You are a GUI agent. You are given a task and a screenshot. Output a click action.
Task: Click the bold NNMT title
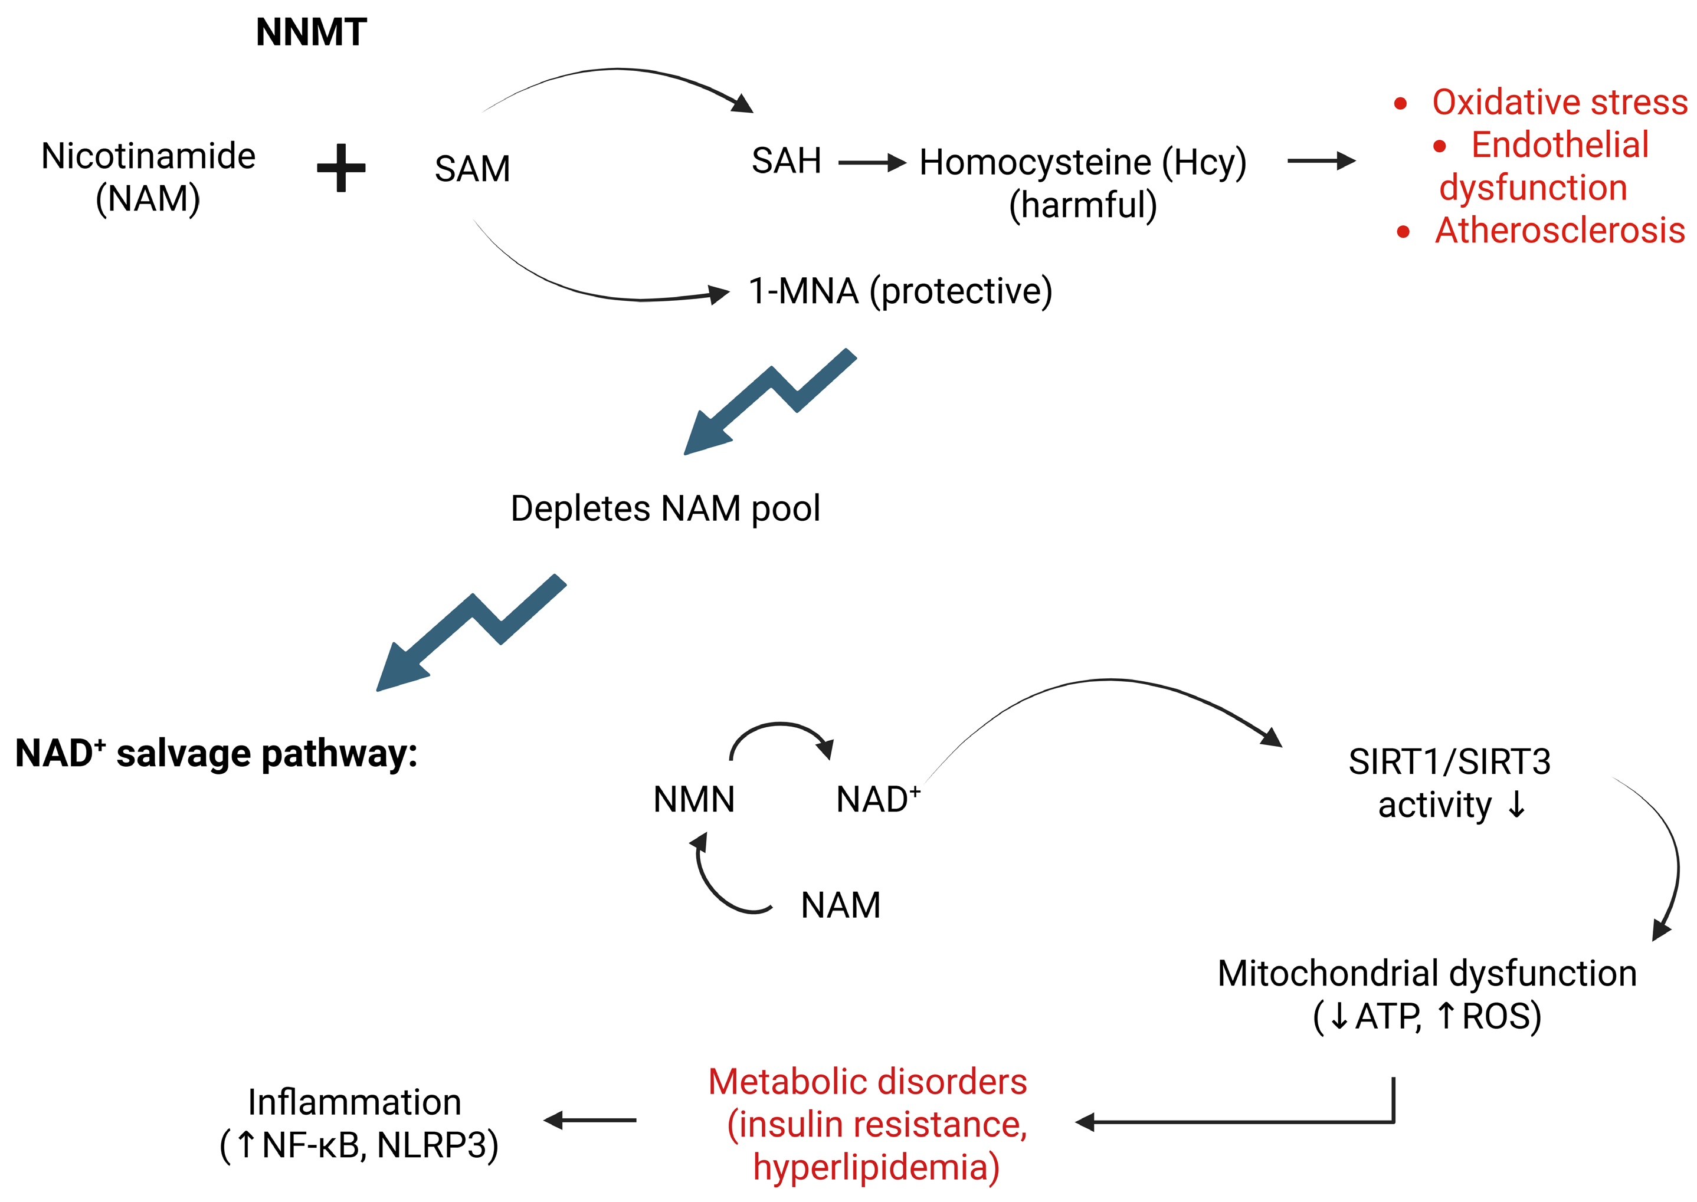(x=311, y=32)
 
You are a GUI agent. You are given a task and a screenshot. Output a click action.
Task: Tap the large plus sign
(x=341, y=168)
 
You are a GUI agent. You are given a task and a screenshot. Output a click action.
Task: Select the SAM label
(x=473, y=169)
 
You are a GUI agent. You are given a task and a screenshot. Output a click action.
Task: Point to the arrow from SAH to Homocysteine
(x=872, y=162)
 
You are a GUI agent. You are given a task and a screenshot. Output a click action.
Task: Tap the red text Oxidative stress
(x=1560, y=102)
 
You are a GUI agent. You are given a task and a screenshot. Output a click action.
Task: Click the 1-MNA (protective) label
(x=900, y=291)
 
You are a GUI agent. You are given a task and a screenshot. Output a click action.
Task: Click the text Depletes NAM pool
(x=665, y=509)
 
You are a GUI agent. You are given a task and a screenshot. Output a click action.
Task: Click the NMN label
(x=694, y=799)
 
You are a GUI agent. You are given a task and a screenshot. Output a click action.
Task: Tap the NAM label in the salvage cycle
(x=841, y=905)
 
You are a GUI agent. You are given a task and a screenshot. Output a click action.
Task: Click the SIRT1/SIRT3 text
(x=1449, y=761)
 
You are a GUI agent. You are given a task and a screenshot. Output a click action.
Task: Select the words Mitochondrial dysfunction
(x=1427, y=973)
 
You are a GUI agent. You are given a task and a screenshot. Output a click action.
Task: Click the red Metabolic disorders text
(x=868, y=1082)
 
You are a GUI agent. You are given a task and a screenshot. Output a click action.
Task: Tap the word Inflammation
(x=355, y=1102)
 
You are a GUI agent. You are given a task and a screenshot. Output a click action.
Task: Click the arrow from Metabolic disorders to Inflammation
(x=590, y=1121)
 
